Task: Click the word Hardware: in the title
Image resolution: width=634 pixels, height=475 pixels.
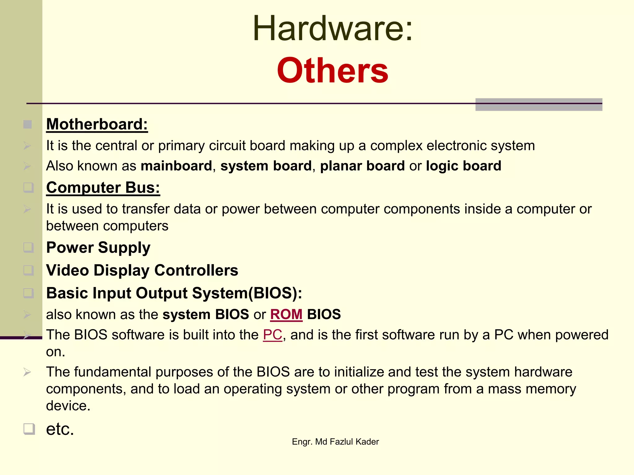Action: click(x=332, y=28)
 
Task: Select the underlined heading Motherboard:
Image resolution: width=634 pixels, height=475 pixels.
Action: click(x=97, y=124)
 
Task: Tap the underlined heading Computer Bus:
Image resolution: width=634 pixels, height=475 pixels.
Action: click(x=103, y=188)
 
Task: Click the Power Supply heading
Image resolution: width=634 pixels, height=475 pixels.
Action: click(x=98, y=248)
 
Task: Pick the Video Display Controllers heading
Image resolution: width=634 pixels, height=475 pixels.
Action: click(x=142, y=270)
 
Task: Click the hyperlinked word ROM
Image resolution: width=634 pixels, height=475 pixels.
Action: click(x=286, y=315)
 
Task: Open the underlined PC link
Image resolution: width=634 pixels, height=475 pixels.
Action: click(x=272, y=335)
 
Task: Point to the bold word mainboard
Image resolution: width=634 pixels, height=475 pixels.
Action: click(x=176, y=166)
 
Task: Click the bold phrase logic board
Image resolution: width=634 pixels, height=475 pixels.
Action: click(x=463, y=166)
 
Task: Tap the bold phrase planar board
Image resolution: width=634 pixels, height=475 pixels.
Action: click(x=362, y=166)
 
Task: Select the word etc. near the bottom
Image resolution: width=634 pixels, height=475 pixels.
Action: click(x=60, y=429)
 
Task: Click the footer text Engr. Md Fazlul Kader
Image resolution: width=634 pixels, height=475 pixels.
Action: click(x=335, y=442)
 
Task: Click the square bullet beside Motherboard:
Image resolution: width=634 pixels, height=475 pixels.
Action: click(x=28, y=125)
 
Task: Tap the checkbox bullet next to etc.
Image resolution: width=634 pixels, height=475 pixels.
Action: click(x=29, y=429)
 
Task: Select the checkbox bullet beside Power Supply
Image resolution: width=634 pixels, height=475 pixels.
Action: click(x=28, y=247)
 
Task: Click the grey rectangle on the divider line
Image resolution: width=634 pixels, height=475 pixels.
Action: click(x=539, y=105)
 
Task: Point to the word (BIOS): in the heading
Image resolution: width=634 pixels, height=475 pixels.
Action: click(x=275, y=293)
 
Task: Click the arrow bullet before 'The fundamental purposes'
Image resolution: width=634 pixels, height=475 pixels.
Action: click(x=27, y=372)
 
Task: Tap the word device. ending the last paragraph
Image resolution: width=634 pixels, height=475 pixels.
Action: click(x=68, y=406)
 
